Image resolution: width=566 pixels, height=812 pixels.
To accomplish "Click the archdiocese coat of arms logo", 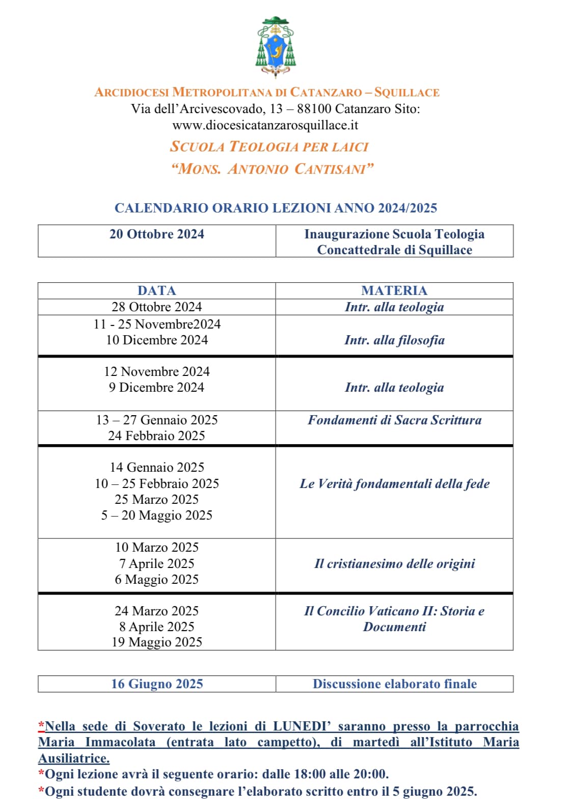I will coord(276,47).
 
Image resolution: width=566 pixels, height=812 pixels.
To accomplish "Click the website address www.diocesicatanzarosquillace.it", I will coord(265,125).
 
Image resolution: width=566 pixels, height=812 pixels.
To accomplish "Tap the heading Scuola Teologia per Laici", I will coord(269,147).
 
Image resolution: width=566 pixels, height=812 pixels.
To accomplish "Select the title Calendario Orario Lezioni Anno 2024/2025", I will coord(276,208).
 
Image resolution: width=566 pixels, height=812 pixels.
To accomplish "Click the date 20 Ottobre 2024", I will coord(157,234).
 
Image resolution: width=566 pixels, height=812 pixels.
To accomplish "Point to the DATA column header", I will coord(157,290).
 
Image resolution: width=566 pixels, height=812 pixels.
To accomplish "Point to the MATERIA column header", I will coord(394,290).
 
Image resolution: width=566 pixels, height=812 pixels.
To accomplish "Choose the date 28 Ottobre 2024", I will coord(157,307).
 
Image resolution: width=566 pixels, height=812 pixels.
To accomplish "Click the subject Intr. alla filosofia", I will coord(394,340).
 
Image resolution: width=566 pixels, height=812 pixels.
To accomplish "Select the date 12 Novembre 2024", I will coord(157,371).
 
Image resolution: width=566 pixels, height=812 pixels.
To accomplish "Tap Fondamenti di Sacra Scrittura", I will coord(394,420).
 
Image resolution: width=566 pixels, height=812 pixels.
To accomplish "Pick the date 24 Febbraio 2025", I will coord(157,436).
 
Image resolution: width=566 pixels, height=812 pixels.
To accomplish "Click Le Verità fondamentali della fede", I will coord(394,483).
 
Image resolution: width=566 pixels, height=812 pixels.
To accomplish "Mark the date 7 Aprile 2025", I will coord(157,563).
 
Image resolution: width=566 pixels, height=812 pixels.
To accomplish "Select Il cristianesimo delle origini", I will coord(394,563).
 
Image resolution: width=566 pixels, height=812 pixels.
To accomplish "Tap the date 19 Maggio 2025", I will coord(157,642).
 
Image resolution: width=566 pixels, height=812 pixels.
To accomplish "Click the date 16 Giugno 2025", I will coord(157,684).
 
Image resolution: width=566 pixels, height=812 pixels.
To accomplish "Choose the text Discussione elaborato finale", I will coord(394,684).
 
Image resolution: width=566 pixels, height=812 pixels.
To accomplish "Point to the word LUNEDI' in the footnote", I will coord(302,726).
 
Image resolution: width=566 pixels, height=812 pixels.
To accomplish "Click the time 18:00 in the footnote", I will coord(310,774).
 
